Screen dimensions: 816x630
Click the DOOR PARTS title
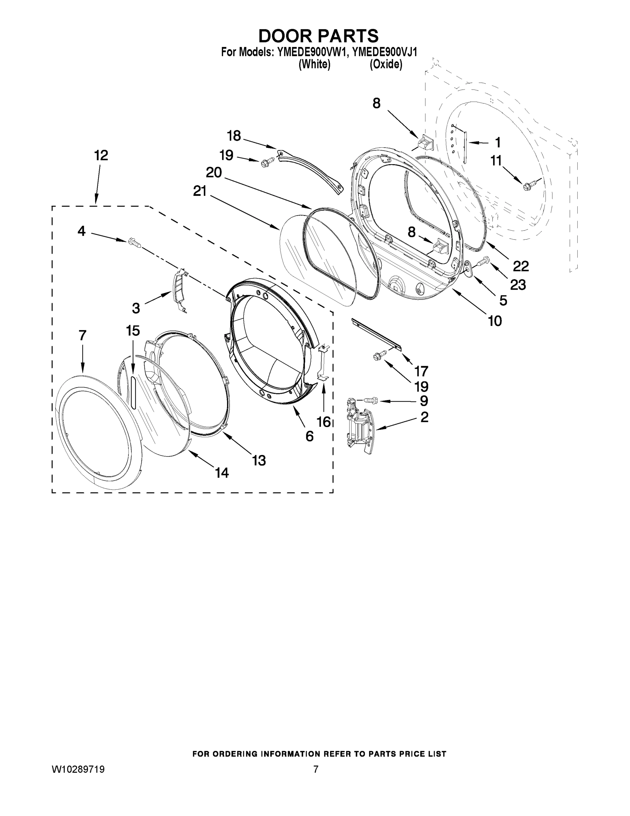pyautogui.click(x=318, y=36)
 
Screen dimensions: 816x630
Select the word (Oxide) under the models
pyautogui.click(x=386, y=65)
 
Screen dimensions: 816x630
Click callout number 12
pyautogui.click(x=101, y=155)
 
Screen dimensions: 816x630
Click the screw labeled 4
pyautogui.click(x=134, y=243)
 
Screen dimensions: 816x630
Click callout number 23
pyautogui.click(x=518, y=285)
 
